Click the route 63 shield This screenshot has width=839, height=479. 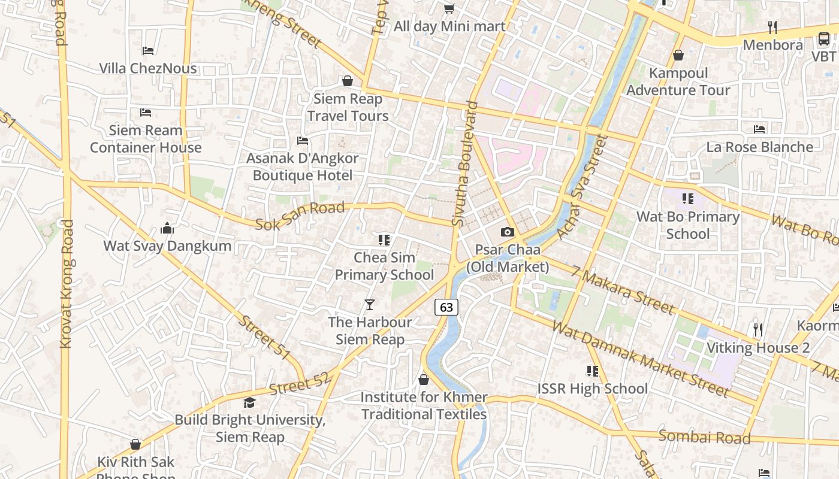446,307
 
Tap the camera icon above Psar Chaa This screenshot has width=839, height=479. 508,232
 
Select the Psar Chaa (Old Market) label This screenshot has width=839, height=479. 508,258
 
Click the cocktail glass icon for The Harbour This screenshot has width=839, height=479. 370,305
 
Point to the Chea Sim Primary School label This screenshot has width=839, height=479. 384,266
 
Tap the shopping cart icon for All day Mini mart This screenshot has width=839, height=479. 449,8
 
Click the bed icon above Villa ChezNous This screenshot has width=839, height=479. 148,51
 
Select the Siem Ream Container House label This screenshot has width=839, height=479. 146,138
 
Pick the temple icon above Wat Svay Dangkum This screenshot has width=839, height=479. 167,228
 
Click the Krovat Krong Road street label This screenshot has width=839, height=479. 67,284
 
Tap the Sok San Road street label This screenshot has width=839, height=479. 300,216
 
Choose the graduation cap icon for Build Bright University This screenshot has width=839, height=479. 249,402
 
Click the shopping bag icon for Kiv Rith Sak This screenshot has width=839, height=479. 135,444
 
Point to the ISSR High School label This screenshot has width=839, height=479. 592,389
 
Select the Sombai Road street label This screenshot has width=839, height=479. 704,436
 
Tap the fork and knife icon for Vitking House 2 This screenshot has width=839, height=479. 758,329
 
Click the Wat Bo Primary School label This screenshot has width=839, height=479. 688,225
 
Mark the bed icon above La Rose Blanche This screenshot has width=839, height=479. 759,129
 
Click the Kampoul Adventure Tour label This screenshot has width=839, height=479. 678,81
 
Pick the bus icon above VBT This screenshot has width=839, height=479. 824,39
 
